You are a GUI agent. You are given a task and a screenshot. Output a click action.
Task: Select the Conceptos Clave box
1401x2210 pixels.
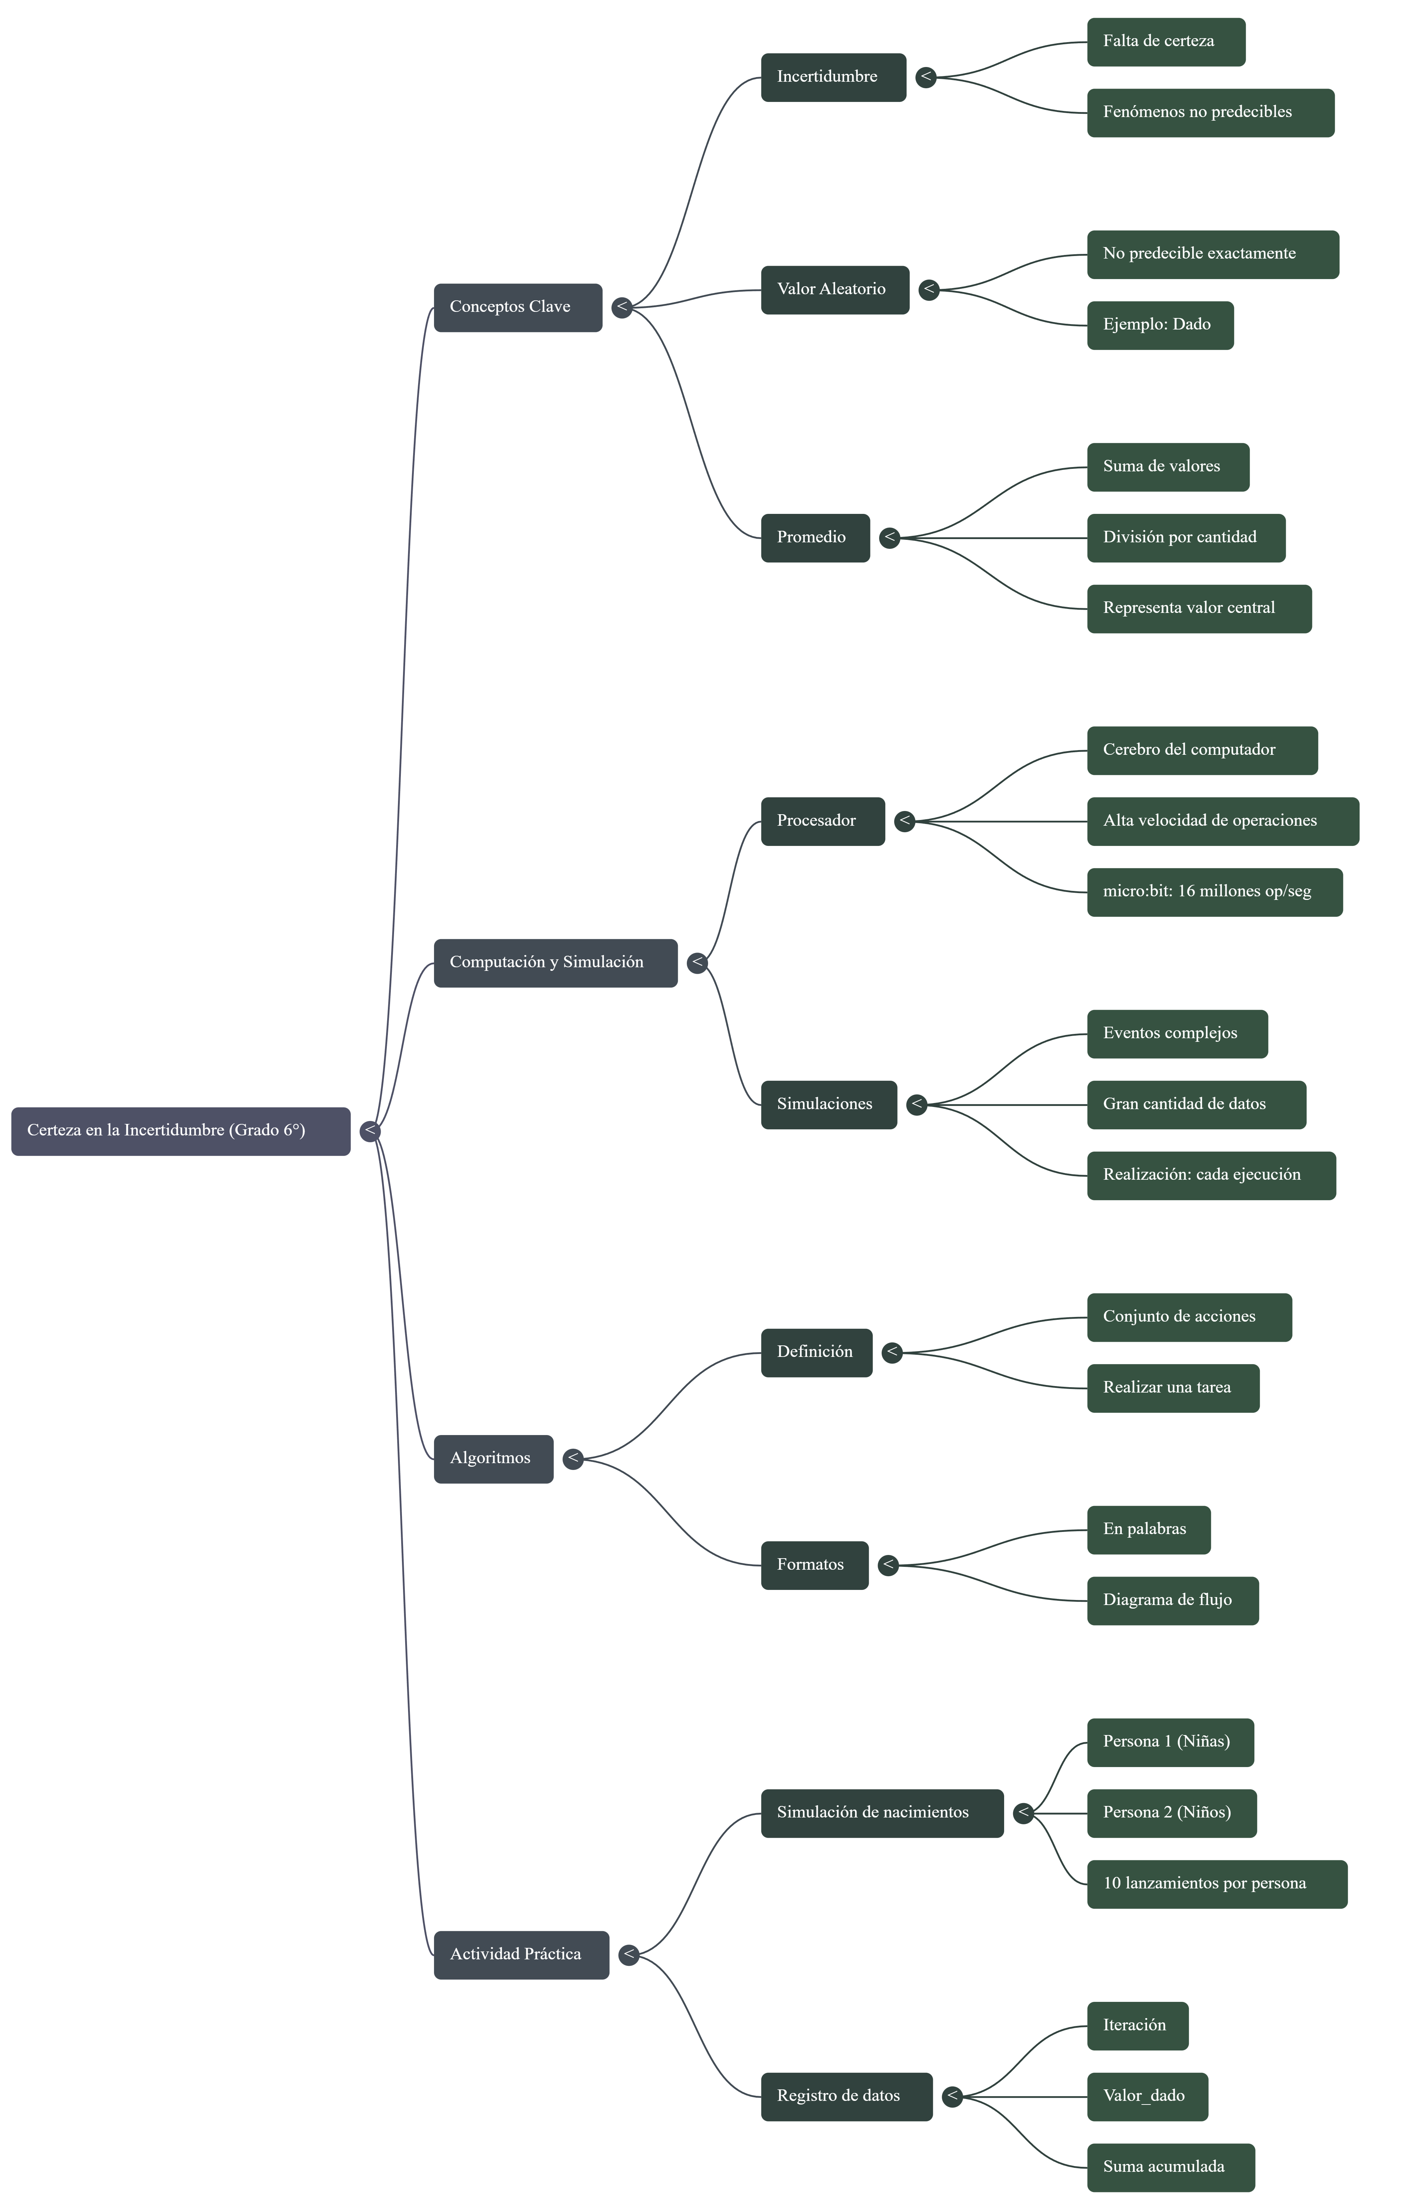coord(518,308)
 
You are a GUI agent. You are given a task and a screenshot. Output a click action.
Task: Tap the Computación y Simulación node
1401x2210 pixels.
coord(555,963)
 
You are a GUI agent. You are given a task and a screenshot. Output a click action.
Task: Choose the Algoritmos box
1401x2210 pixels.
coord(493,1458)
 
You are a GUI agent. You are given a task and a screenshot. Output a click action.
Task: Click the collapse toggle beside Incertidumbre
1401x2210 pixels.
coord(926,77)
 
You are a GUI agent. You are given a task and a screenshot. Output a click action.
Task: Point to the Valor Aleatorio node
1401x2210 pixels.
coord(834,290)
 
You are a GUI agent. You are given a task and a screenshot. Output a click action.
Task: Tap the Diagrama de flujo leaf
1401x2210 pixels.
coord(1172,1601)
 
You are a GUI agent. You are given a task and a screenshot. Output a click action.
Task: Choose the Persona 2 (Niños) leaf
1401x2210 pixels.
coord(1172,1812)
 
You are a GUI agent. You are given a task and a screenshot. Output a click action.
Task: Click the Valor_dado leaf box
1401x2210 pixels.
coord(1147,2096)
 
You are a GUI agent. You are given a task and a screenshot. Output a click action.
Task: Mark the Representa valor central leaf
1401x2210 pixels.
coord(1199,609)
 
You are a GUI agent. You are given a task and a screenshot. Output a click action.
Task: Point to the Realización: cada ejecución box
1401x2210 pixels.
coord(1211,1176)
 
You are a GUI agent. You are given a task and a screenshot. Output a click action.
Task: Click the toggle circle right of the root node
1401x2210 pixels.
coord(370,1131)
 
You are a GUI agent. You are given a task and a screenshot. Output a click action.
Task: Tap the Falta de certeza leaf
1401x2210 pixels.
coord(1166,42)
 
